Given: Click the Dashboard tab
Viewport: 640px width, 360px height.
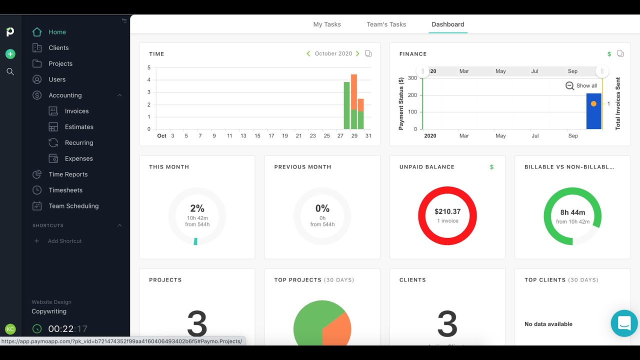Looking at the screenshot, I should (x=448, y=24).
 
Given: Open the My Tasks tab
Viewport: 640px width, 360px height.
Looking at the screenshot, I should (x=327, y=24).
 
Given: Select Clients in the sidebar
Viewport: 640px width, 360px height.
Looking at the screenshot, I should (x=58, y=48).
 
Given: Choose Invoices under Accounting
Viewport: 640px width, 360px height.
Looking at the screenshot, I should (x=76, y=111).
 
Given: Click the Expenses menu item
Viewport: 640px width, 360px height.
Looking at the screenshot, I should (x=78, y=158).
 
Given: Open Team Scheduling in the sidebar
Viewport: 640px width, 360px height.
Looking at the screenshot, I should (x=73, y=206).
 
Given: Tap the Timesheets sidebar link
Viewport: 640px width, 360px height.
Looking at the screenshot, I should (x=65, y=190).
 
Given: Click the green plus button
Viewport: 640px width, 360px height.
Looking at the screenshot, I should (x=10, y=54).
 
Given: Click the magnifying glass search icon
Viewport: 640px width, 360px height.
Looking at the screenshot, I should (x=10, y=71).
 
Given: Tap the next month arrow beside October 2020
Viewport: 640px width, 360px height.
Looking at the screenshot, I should (x=357, y=53).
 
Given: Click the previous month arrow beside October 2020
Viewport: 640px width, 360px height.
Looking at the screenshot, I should (x=308, y=53).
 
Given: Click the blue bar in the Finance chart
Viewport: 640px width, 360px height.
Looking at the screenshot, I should (x=593, y=117).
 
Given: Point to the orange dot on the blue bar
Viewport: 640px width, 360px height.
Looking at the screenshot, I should (x=593, y=104).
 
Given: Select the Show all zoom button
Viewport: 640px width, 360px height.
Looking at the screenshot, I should (x=581, y=85).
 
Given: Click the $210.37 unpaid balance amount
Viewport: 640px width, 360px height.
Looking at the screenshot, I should (x=447, y=211).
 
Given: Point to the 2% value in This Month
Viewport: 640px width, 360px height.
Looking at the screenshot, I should (x=197, y=208).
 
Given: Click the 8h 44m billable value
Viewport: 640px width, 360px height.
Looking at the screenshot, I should (x=572, y=212).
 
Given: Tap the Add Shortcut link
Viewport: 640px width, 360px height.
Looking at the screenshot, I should (x=64, y=241).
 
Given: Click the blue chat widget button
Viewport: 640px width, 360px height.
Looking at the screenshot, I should (x=624, y=323).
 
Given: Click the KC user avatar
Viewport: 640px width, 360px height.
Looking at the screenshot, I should (x=10, y=329).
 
